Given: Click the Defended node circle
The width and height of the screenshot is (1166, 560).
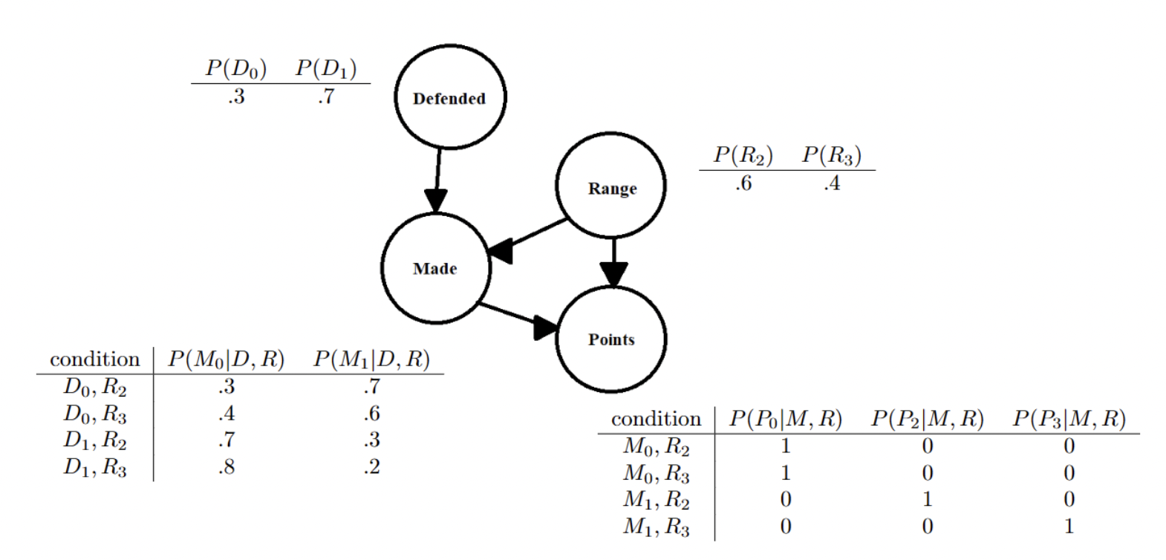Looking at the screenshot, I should pos(449,97).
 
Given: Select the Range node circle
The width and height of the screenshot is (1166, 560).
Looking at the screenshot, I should pos(611,187).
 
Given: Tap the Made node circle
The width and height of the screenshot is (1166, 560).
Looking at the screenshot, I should pos(435,268).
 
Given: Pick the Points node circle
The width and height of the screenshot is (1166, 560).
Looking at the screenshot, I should pos(611,339).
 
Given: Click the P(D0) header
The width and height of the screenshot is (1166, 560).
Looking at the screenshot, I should pos(236,68).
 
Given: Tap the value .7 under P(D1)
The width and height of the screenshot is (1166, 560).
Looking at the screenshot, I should pos(325,97).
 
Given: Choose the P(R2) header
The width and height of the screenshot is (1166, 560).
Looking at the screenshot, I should pos(743,155).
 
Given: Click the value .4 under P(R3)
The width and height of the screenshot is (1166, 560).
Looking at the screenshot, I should pos(832,183).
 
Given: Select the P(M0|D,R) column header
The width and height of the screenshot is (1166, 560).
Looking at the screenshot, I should pos(226,359).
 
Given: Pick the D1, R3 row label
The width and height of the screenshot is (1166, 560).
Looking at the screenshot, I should pos(94,468).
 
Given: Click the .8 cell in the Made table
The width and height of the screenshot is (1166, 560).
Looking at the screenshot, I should pos(226,467).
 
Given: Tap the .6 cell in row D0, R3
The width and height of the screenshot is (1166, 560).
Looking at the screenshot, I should pos(372,413).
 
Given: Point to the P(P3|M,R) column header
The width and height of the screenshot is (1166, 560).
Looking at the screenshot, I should pos(1069,419).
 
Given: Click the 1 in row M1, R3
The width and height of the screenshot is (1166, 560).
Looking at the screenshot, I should pos(1069,527).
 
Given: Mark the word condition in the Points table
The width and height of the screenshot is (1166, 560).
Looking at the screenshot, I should pos(656,420).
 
